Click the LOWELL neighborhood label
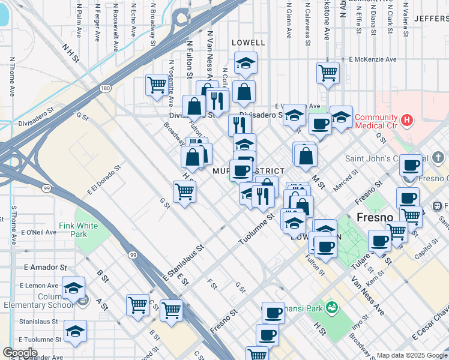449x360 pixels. pos(248,43)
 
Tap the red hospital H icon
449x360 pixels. pos(408,120)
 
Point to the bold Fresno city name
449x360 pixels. pos(375,217)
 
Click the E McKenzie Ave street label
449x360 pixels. pos(373,59)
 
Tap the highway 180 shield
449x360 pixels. pos(106,88)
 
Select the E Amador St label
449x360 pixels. pos(46,266)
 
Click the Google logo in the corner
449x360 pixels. pos(20,353)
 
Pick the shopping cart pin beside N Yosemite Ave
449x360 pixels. pos(156,84)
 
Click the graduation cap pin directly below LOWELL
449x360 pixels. pos(244,63)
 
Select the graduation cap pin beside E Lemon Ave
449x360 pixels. pos(73,288)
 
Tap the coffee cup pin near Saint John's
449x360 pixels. pos(411,165)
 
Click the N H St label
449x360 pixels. pos(70,52)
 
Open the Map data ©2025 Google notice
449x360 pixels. pos(412,355)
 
